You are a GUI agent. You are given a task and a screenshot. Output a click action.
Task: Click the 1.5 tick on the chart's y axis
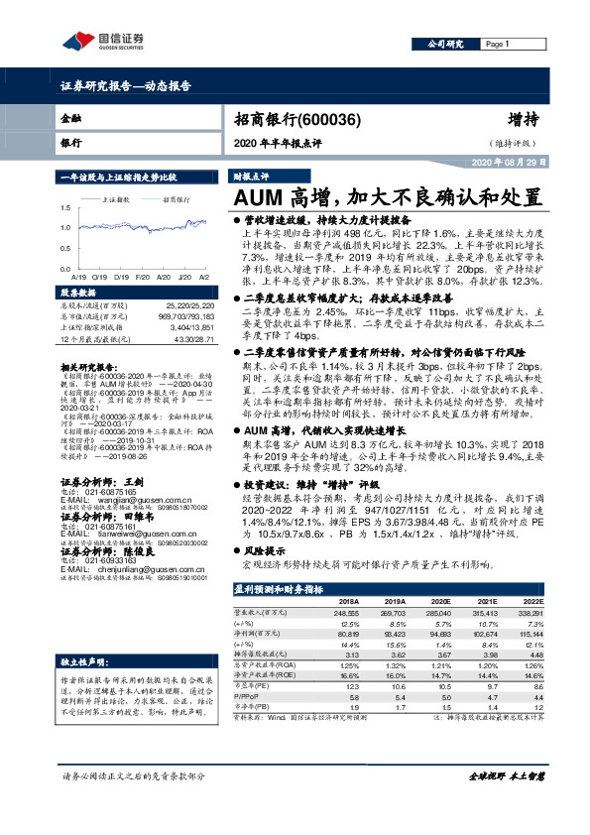coord(65,208)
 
